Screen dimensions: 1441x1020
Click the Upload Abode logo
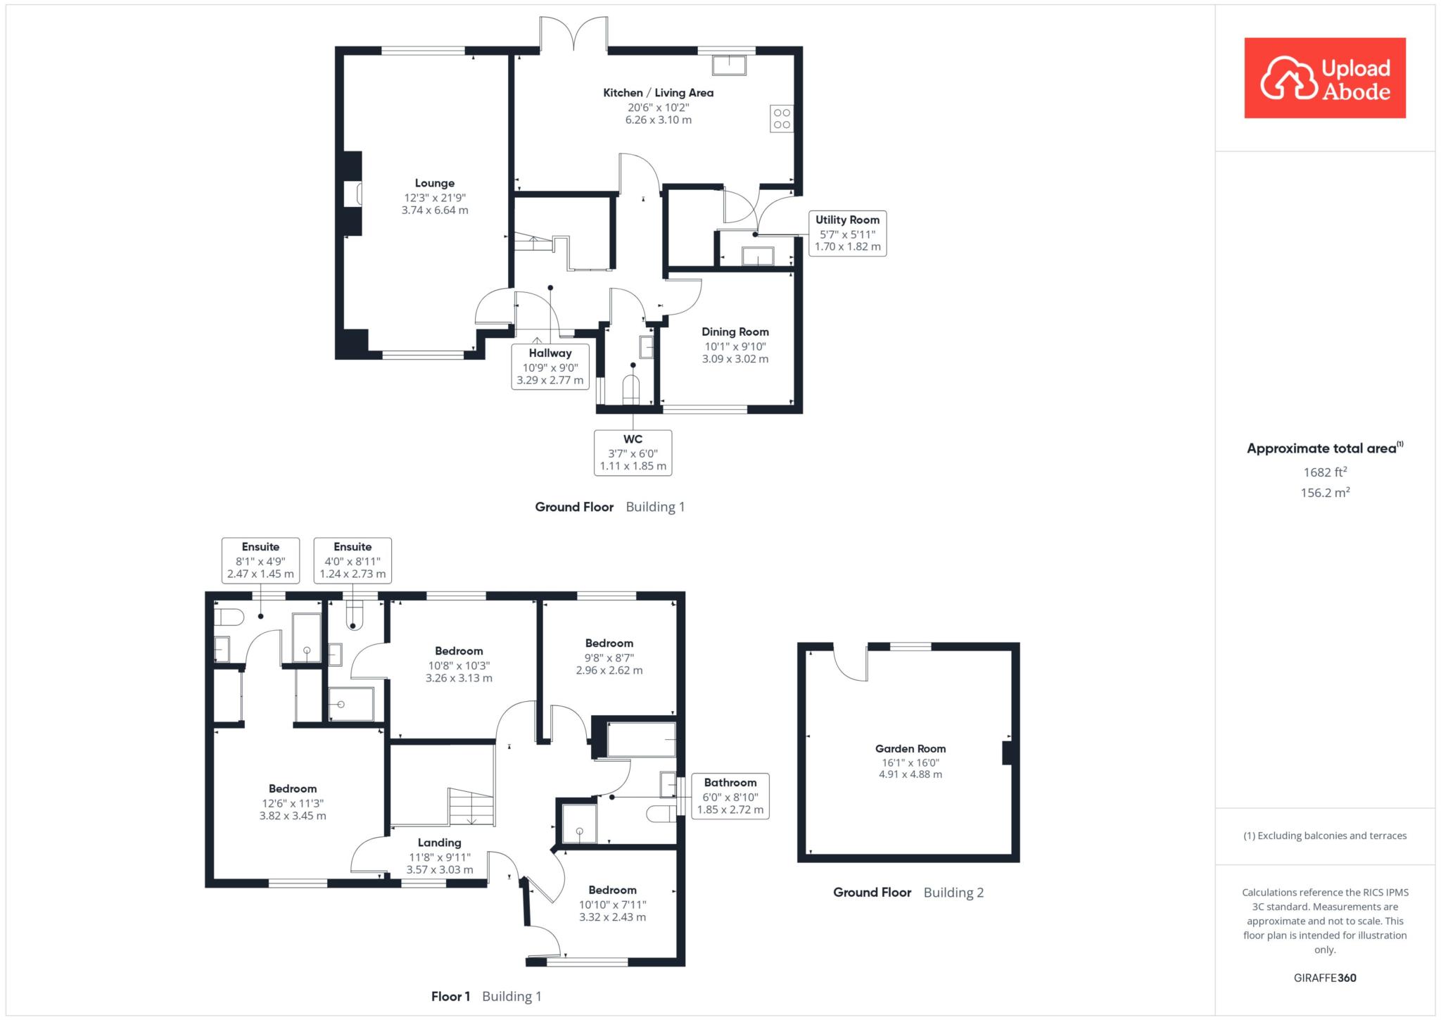tap(1325, 77)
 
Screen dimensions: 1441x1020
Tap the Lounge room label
tap(435, 183)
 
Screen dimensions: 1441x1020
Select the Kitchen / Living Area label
tap(659, 92)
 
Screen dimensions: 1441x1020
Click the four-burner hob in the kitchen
tap(782, 118)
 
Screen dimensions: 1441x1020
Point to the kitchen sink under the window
tap(730, 65)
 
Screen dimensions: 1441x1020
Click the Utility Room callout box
tap(847, 233)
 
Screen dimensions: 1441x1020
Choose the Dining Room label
tap(735, 332)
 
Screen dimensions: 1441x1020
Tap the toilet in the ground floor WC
tap(631, 390)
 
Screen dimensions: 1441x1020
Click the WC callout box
tap(633, 453)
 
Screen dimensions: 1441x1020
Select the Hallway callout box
tap(550, 367)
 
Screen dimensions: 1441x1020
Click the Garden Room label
tap(910, 749)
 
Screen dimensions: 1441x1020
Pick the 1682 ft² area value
tap(1325, 472)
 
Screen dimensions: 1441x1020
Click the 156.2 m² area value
tap(1325, 492)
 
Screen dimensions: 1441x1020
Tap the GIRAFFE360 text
tap(1325, 978)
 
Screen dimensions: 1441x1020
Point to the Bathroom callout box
tap(730, 796)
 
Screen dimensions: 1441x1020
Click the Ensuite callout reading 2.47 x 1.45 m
tap(260, 560)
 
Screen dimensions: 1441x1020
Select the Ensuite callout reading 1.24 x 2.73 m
tap(353, 560)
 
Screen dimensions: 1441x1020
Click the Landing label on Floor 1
tap(440, 843)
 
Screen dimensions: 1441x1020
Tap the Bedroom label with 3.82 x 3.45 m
tap(293, 789)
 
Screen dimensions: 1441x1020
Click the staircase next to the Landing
tap(471, 807)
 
